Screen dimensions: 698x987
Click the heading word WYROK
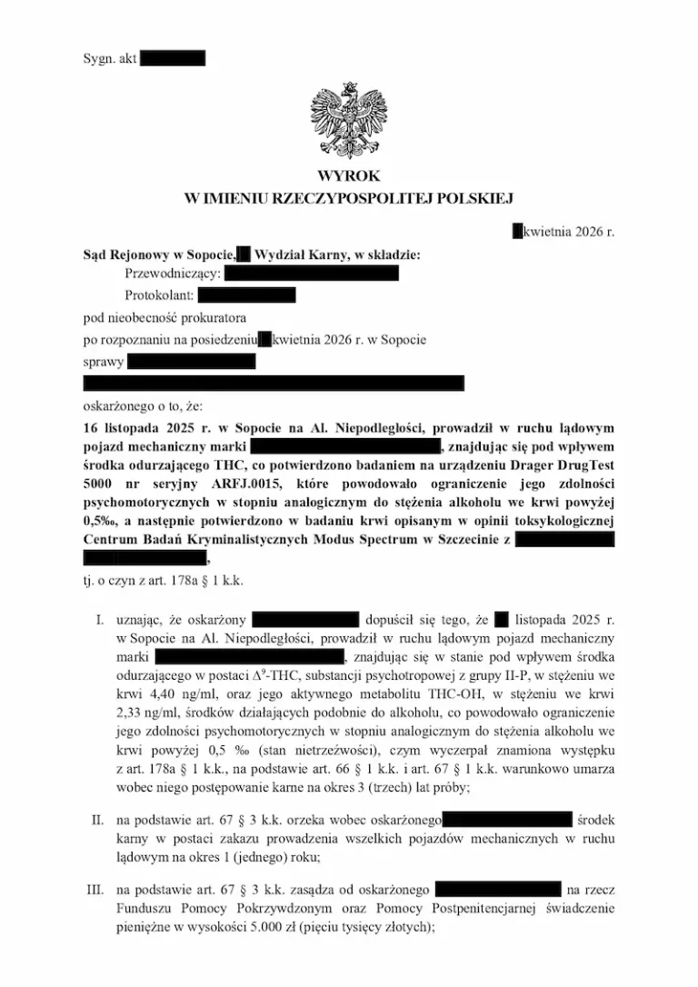(x=349, y=175)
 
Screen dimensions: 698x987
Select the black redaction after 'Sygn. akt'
(x=174, y=58)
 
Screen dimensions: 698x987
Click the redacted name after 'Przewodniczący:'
(x=311, y=273)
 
